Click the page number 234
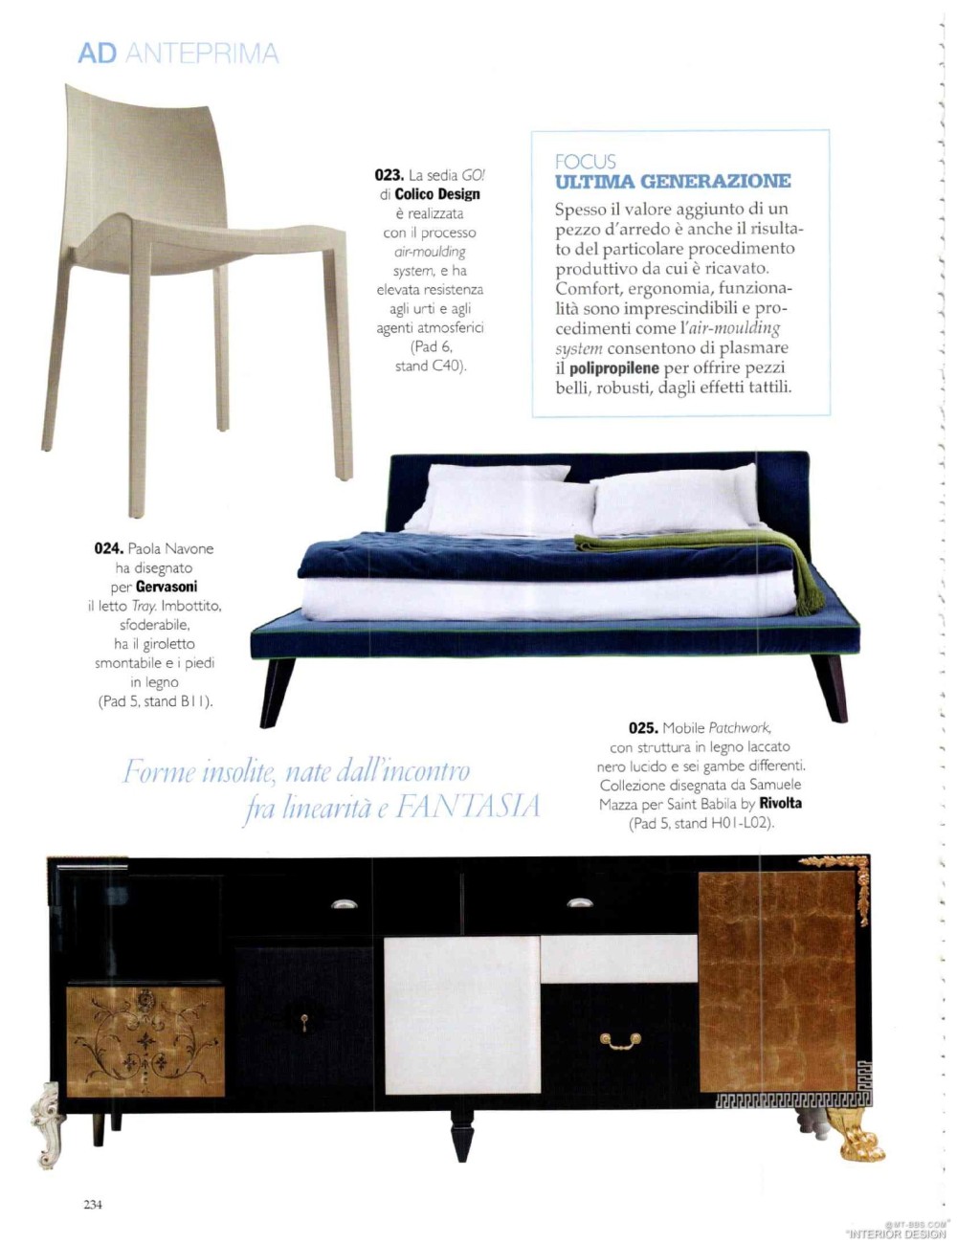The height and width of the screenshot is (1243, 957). (92, 1205)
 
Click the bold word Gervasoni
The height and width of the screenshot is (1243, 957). (167, 587)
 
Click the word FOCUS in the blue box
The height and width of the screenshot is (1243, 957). (585, 162)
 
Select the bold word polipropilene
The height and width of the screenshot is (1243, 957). (614, 368)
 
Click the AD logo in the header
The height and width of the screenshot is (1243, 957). (97, 54)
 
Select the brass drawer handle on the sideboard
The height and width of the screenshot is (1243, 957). (620, 1040)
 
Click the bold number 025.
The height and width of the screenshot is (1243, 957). (643, 728)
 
